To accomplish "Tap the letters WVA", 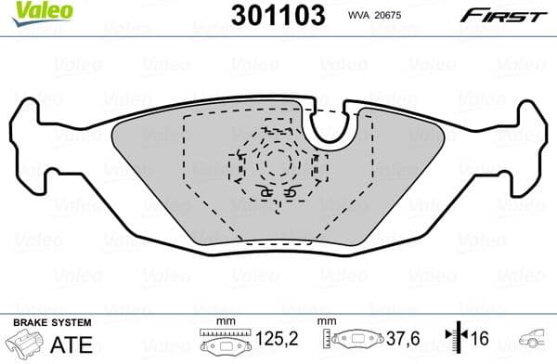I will pos(360,15).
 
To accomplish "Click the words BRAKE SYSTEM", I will pos(52,322).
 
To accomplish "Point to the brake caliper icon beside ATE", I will pos(25,344).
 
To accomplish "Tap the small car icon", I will pos(535,341).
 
